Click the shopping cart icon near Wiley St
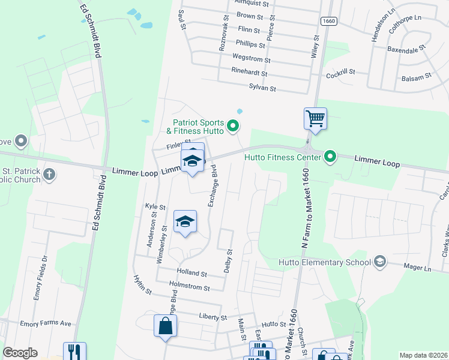(x=315, y=118)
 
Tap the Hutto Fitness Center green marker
(x=330, y=158)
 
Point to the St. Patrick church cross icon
(x=50, y=175)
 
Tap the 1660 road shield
(x=328, y=21)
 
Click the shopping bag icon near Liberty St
(x=164, y=326)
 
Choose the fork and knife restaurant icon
(x=74, y=351)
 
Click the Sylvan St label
(x=262, y=88)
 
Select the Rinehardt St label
(x=249, y=72)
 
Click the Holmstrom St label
(x=190, y=288)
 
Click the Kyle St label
(x=155, y=206)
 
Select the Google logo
(x=20, y=353)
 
